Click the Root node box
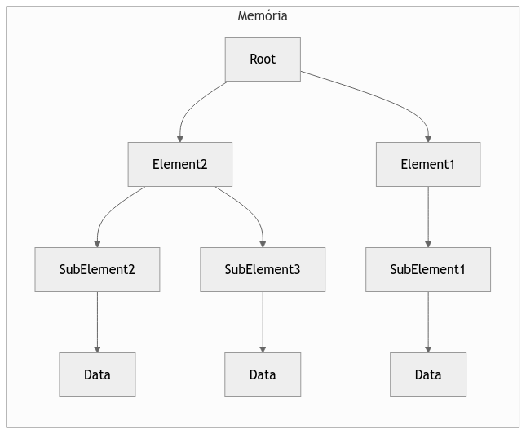263,59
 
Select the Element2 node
179,164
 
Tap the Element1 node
427,164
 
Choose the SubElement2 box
97,269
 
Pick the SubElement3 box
263,269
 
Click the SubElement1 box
427,269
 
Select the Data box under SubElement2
97,374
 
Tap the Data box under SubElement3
263,374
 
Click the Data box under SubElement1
427,374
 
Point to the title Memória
263,15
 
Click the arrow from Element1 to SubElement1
427,216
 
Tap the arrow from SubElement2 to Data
97,321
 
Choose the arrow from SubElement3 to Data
263,321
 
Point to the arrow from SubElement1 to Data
427,321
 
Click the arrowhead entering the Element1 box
427,138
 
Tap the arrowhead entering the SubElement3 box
263,243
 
